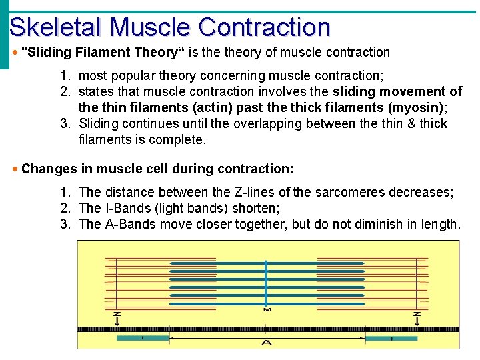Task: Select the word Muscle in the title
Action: (151, 27)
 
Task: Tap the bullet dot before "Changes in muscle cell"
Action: (15, 169)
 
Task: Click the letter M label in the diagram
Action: (267, 309)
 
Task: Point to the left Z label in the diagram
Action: (117, 313)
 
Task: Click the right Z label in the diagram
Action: (417, 313)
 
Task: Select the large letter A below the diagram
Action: (267, 343)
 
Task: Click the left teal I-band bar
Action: (143, 339)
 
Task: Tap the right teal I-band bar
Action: (391, 339)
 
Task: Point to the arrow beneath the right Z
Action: (417, 322)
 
